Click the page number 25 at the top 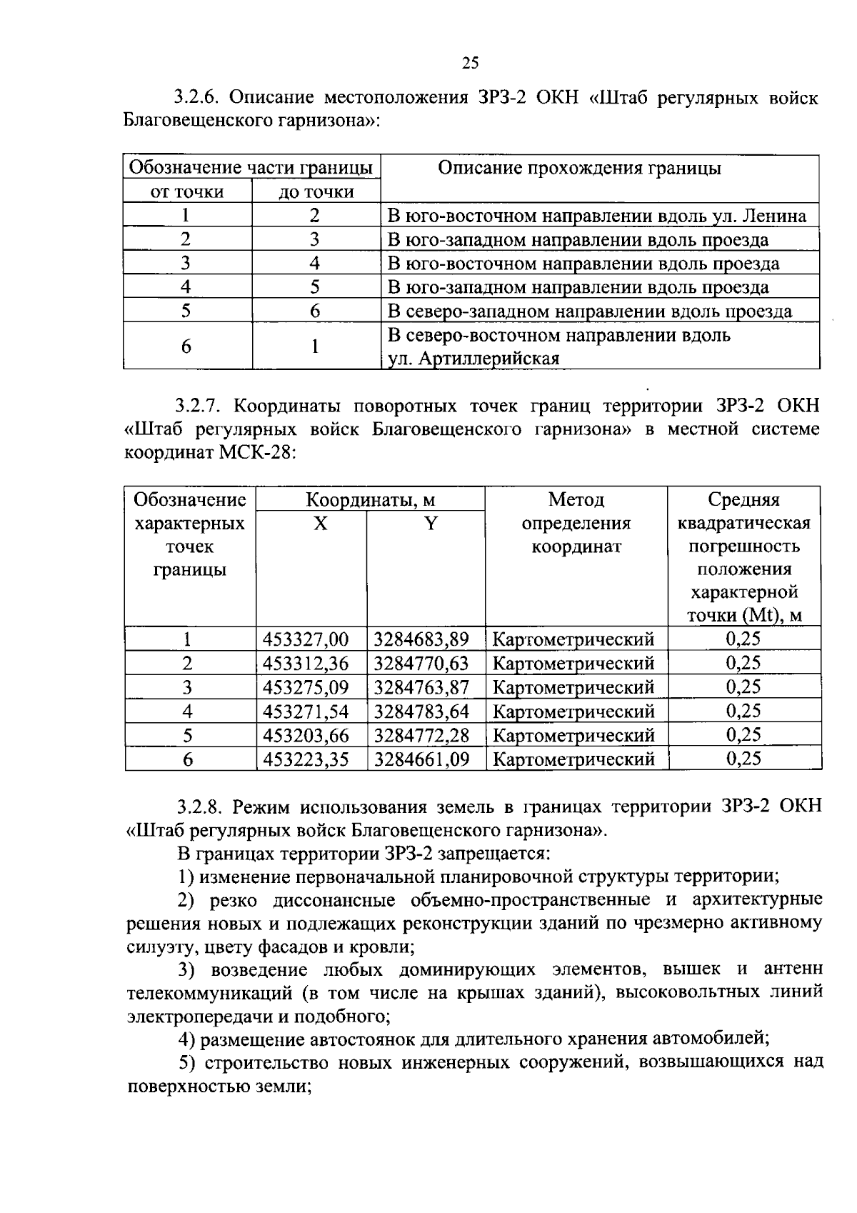[470, 63]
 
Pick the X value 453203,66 [306, 735]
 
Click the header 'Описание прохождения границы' [579, 168]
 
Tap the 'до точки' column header [316, 191]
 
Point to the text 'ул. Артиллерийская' [473, 359]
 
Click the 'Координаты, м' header [370, 499]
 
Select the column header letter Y [430, 524]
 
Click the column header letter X [321, 524]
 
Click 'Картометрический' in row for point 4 [573, 712]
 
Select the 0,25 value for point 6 [743, 759]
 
